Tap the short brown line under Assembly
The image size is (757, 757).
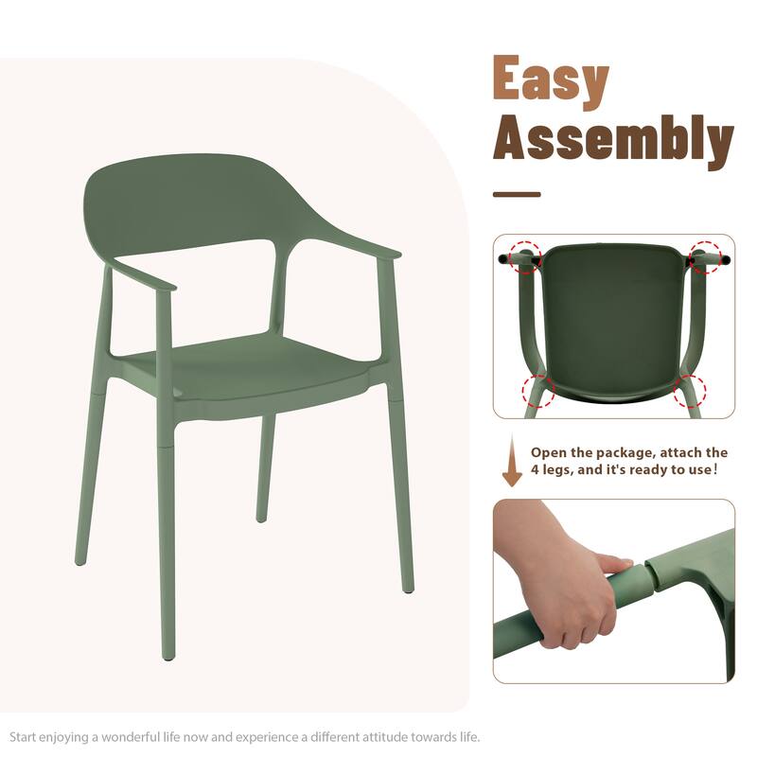(517, 195)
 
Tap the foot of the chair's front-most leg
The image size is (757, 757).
(168, 652)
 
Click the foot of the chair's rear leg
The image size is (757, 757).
(261, 517)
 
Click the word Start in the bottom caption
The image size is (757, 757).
(26, 736)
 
